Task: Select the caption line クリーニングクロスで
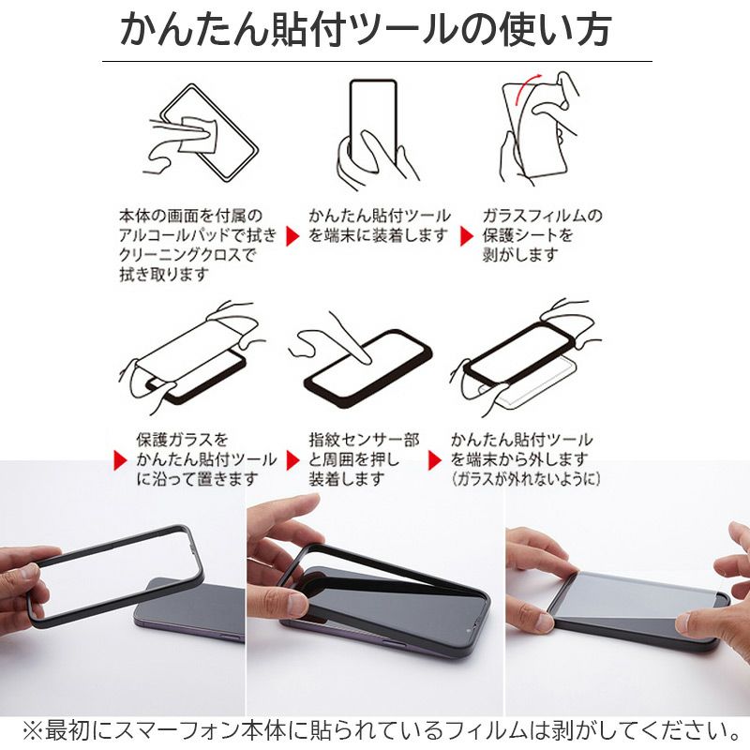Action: (x=186, y=254)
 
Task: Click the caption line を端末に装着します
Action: (x=379, y=235)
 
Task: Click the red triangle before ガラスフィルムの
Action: (x=465, y=235)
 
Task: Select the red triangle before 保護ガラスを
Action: (x=120, y=459)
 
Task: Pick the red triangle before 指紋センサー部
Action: (x=292, y=459)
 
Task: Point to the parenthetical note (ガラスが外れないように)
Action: (x=525, y=479)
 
